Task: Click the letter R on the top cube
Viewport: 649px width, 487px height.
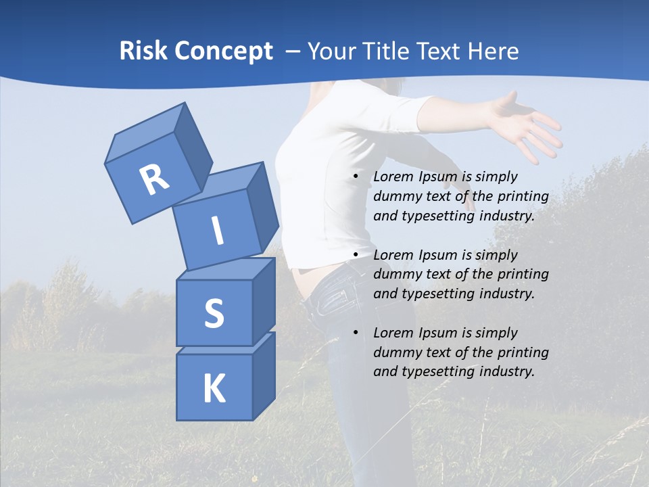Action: pos(154,179)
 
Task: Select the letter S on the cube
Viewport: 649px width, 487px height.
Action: pos(214,313)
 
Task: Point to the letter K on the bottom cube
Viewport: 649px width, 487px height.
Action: pos(214,389)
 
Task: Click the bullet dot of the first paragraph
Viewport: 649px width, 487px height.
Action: pos(356,177)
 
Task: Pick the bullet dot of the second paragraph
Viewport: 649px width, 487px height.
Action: pos(356,255)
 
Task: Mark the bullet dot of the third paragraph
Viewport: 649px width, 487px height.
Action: pos(356,333)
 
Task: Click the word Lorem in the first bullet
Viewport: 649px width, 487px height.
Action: pos(392,177)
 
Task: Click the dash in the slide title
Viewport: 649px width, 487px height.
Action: pos(293,51)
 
